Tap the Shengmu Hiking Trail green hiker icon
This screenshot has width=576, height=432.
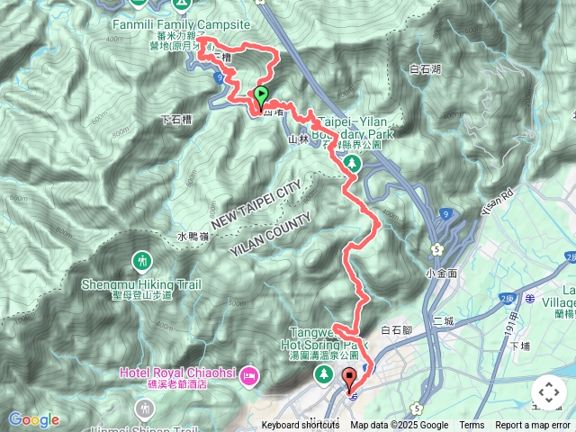[141, 261]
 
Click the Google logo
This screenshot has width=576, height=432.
[33, 419]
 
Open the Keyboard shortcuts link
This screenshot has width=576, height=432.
[301, 426]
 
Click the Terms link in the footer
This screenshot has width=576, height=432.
[472, 426]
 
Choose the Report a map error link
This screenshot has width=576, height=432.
[533, 426]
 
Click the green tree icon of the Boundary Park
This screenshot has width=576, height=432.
[351, 163]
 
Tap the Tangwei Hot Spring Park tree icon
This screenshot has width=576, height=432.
[321, 373]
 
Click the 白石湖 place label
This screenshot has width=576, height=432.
[425, 68]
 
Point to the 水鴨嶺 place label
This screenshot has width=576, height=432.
[193, 237]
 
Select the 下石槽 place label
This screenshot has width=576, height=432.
[176, 119]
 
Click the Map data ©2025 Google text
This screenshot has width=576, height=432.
[399, 426]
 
